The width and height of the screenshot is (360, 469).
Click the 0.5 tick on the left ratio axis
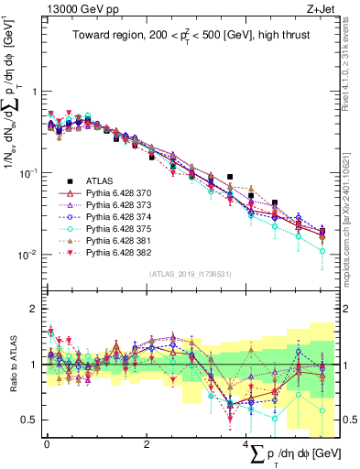(x=34, y=420)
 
